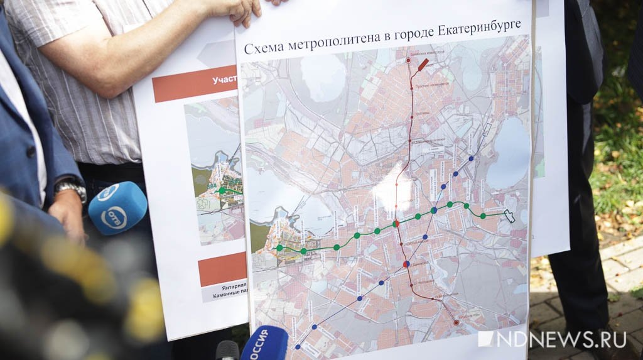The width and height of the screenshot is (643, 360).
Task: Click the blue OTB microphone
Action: click(117, 208)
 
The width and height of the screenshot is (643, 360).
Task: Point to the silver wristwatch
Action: click(70, 188)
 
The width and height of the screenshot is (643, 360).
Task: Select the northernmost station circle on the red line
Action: click(408, 60)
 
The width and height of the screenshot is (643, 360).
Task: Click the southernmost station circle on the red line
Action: click(457, 322)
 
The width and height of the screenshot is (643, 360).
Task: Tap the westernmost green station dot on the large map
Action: click(279, 248)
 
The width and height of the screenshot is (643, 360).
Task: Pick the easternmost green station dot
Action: click(483, 215)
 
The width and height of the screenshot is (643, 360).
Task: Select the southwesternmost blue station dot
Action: click(298, 345)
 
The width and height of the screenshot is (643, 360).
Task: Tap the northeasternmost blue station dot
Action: click(472, 158)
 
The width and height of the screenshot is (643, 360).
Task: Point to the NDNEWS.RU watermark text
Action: click(552, 339)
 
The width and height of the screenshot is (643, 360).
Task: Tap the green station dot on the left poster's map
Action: click(222, 190)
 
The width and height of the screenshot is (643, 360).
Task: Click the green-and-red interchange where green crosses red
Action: click(396, 224)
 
